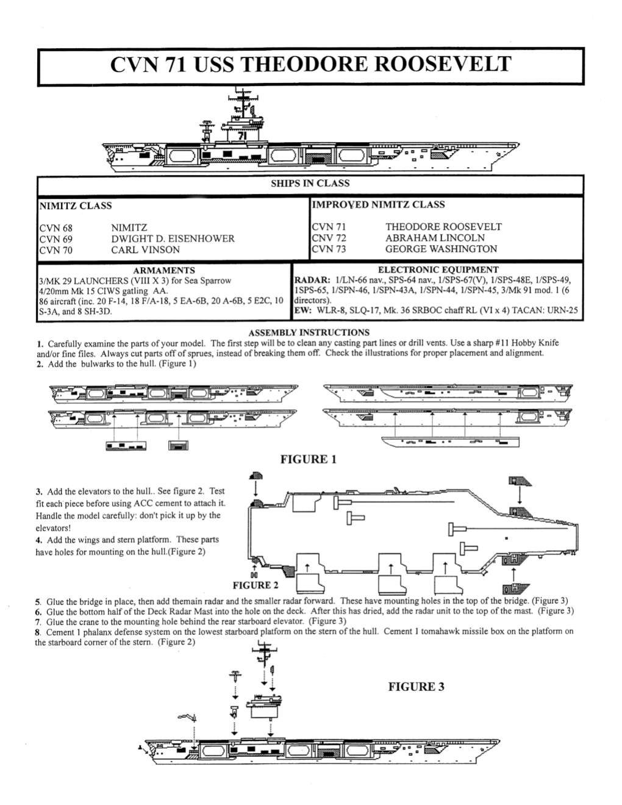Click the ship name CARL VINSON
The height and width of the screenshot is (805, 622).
(x=145, y=249)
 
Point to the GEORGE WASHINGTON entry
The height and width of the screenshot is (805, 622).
(x=440, y=249)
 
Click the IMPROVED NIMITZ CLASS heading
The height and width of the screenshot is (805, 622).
(x=378, y=205)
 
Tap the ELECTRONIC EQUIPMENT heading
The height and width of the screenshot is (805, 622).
(x=438, y=270)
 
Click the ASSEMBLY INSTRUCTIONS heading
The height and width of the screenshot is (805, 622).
(x=309, y=332)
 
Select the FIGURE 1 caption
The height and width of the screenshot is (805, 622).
(x=308, y=459)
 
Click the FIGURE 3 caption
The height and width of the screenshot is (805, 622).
(x=416, y=687)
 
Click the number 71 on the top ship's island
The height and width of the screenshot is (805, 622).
(x=242, y=136)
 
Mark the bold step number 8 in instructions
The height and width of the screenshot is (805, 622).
(x=38, y=632)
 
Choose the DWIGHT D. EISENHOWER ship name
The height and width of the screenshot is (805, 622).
(x=173, y=238)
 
